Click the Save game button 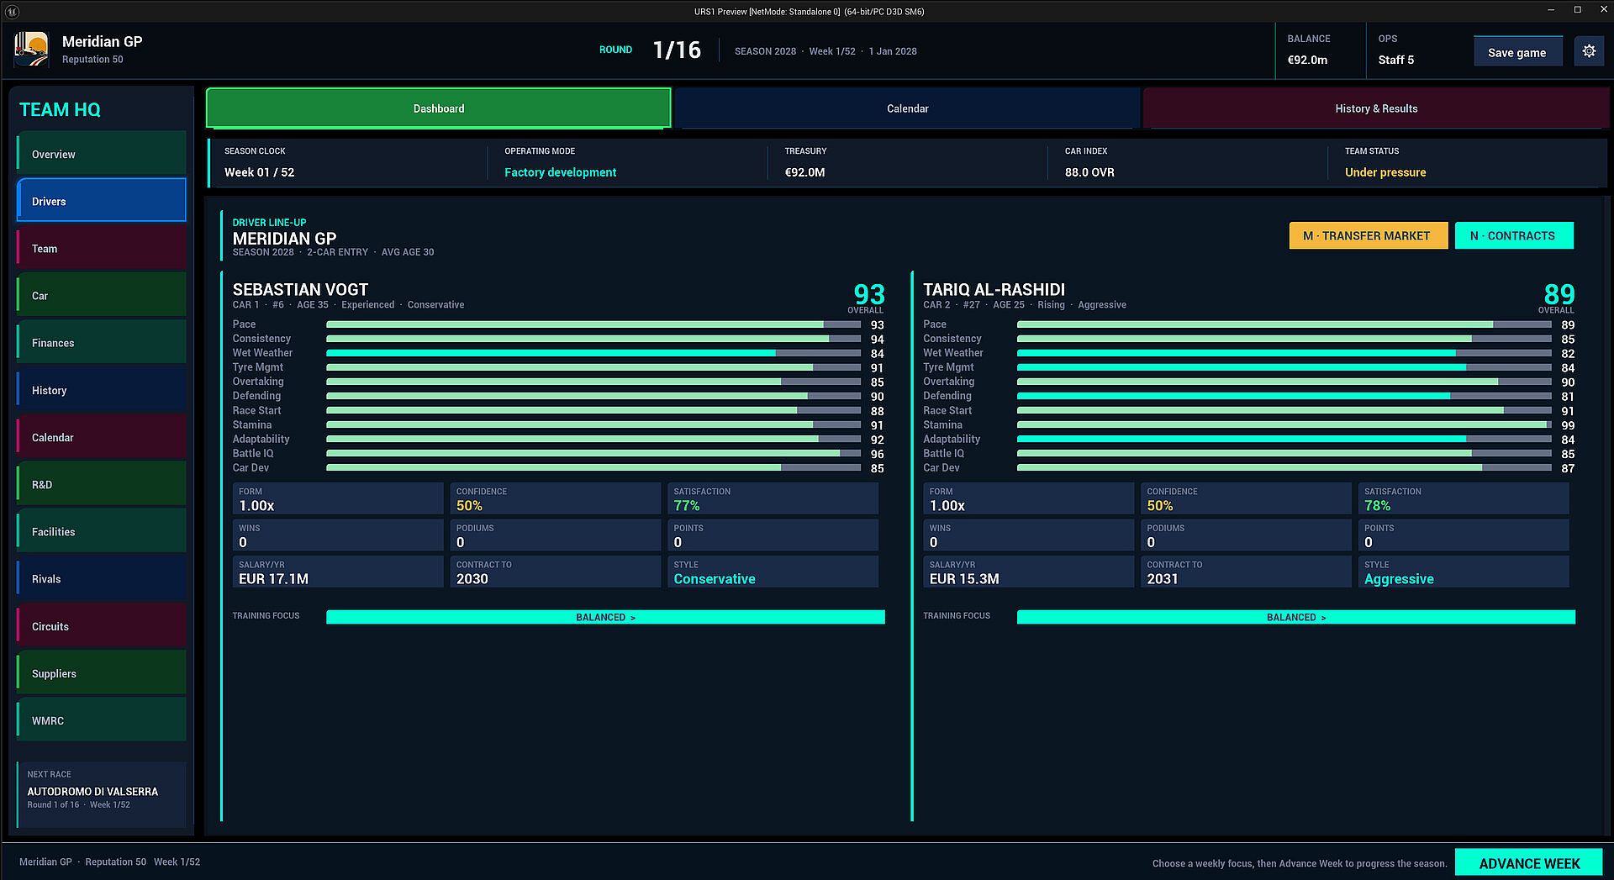[x=1517, y=52]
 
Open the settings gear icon [x=1589, y=51]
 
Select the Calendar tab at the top [x=907, y=108]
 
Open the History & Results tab [x=1376, y=108]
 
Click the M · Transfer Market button [x=1368, y=235]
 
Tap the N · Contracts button [x=1514, y=235]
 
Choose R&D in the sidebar [x=102, y=484]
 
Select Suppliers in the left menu [x=102, y=673]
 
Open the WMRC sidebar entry [x=102, y=720]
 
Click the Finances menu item [x=102, y=343]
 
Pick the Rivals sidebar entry [x=102, y=579]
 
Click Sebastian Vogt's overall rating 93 [x=869, y=294]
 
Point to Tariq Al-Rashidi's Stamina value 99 [x=1568, y=425]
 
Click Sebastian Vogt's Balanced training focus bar [x=605, y=617]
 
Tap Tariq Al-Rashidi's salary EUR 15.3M [x=964, y=579]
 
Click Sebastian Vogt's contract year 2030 [x=472, y=579]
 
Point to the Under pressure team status [x=1385, y=172]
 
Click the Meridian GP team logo [x=32, y=50]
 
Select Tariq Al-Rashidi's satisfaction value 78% [x=1377, y=506]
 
